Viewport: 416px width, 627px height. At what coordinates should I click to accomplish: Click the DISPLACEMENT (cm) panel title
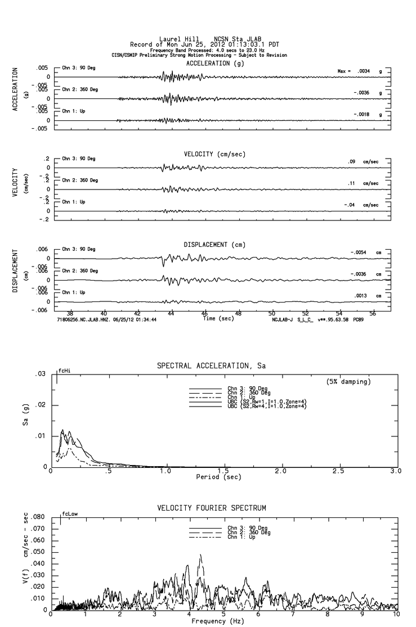pyautogui.click(x=214, y=245)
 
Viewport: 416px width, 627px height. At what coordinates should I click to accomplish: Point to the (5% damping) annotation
pyautogui.click(x=348, y=382)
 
